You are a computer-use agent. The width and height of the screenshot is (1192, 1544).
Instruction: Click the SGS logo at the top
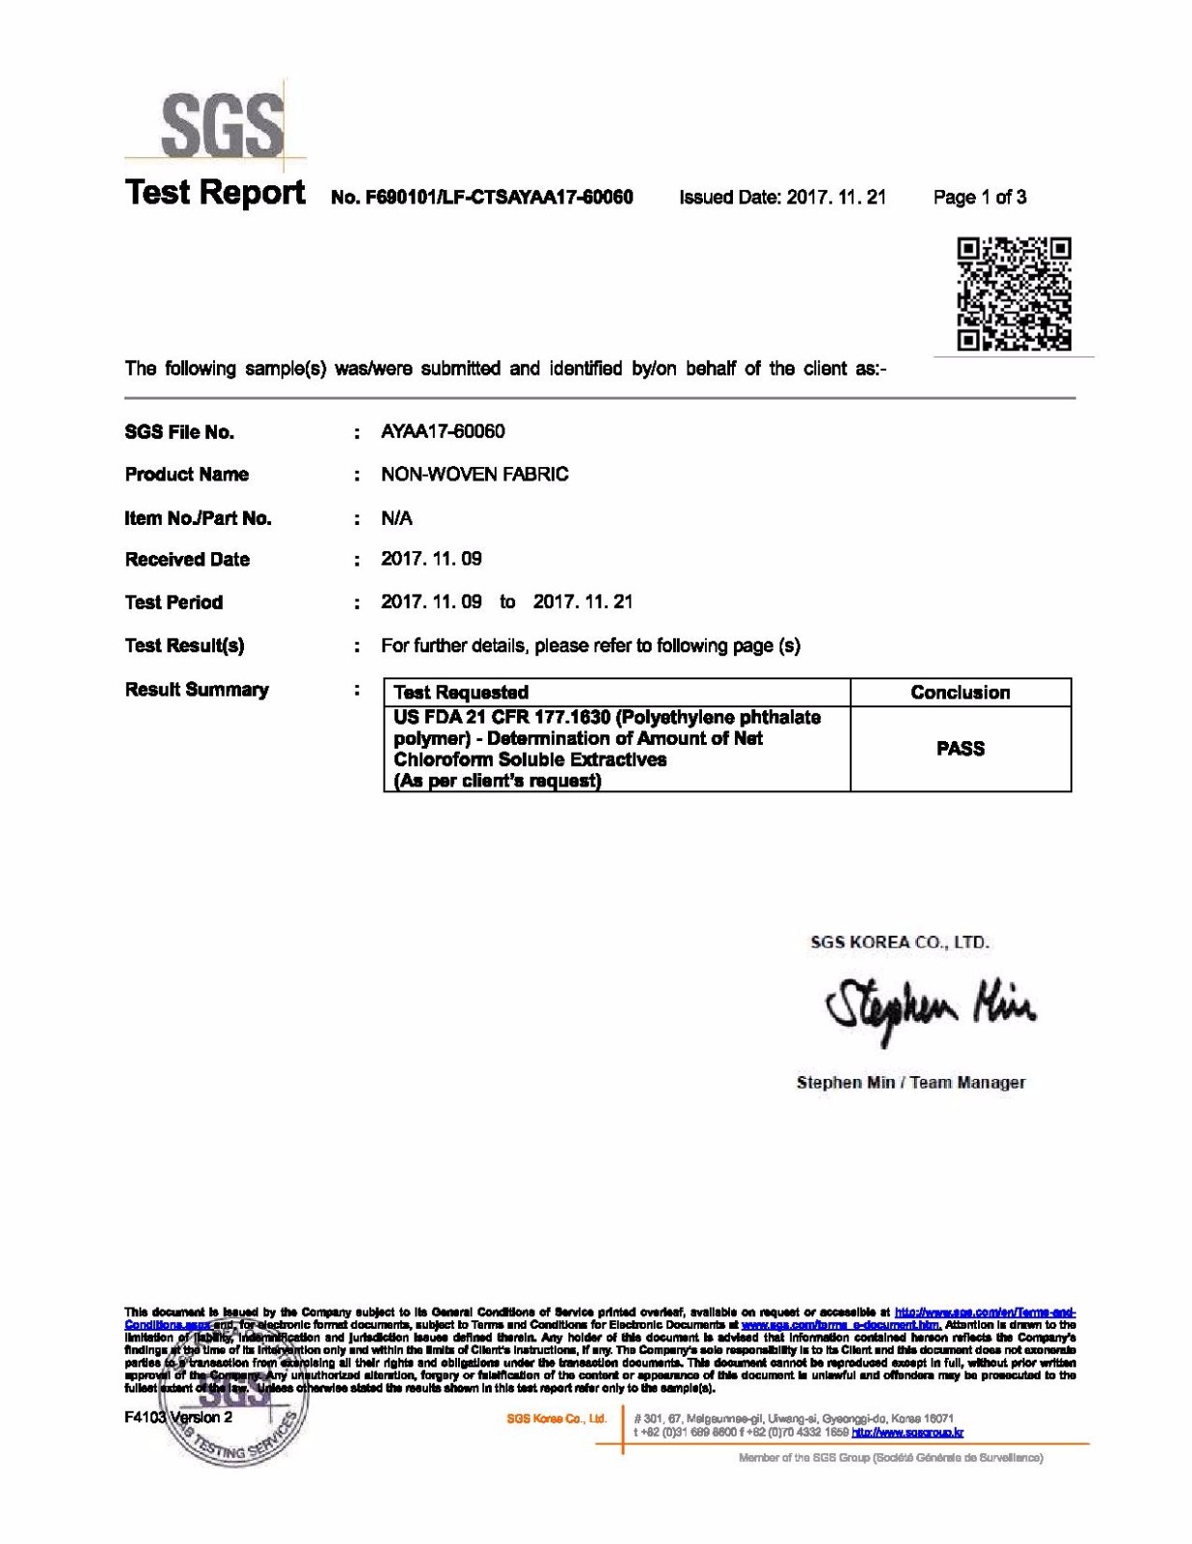(x=222, y=125)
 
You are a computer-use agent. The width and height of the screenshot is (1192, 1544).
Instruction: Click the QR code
(x=1014, y=293)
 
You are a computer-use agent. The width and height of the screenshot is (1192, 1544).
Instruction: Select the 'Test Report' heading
(x=215, y=193)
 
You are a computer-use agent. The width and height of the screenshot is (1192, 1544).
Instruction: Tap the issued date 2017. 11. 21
(x=836, y=198)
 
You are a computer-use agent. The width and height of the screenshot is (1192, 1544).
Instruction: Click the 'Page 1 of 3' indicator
(x=979, y=198)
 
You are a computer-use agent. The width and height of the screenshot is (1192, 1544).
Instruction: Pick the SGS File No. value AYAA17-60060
(x=443, y=431)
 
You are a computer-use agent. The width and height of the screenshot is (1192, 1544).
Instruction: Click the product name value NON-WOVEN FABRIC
(x=474, y=474)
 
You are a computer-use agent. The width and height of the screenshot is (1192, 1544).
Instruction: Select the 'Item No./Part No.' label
(x=198, y=518)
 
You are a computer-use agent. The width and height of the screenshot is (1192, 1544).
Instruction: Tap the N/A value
(x=396, y=518)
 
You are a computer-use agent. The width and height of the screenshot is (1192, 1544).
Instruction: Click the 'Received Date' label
(x=187, y=560)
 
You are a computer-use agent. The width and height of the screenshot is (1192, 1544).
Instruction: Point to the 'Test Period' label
(x=174, y=602)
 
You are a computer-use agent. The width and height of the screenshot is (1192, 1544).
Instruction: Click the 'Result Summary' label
(x=197, y=689)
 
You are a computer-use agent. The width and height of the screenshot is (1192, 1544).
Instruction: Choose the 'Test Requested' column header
(x=461, y=692)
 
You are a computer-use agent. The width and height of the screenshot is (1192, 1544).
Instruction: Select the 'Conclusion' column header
(x=961, y=692)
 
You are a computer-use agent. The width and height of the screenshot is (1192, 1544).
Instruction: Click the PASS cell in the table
(x=961, y=749)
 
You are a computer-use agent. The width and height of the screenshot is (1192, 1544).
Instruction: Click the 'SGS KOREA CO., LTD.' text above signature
(x=900, y=942)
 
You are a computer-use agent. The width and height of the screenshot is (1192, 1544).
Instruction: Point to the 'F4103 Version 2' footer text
(x=178, y=1417)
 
